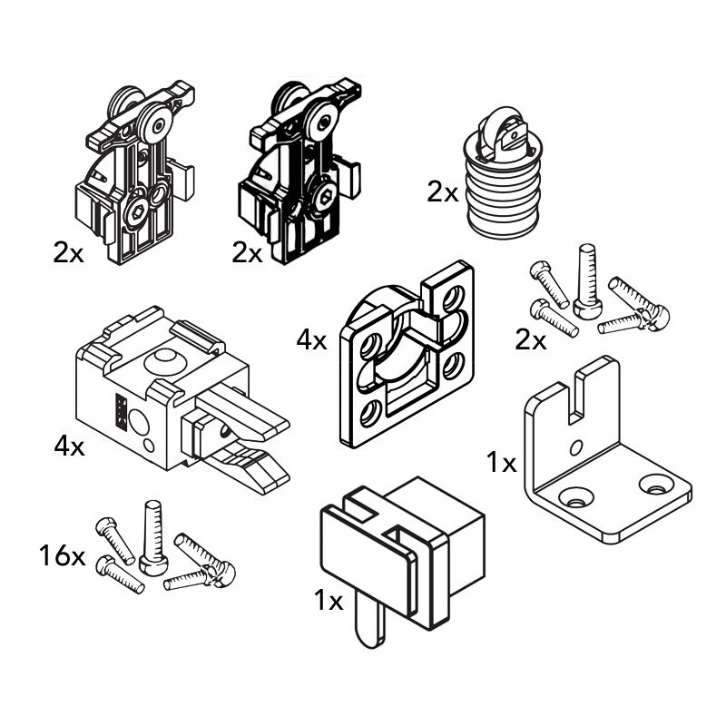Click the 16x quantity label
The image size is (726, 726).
click(62, 555)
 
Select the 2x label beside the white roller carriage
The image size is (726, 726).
click(68, 253)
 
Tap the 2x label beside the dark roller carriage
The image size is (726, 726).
click(247, 253)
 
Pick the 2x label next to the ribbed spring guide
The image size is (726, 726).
click(443, 192)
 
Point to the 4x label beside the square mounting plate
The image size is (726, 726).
click(311, 340)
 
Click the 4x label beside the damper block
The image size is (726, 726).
click(69, 446)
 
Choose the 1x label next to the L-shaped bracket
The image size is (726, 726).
click(501, 464)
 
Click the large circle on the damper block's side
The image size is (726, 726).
click(141, 423)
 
